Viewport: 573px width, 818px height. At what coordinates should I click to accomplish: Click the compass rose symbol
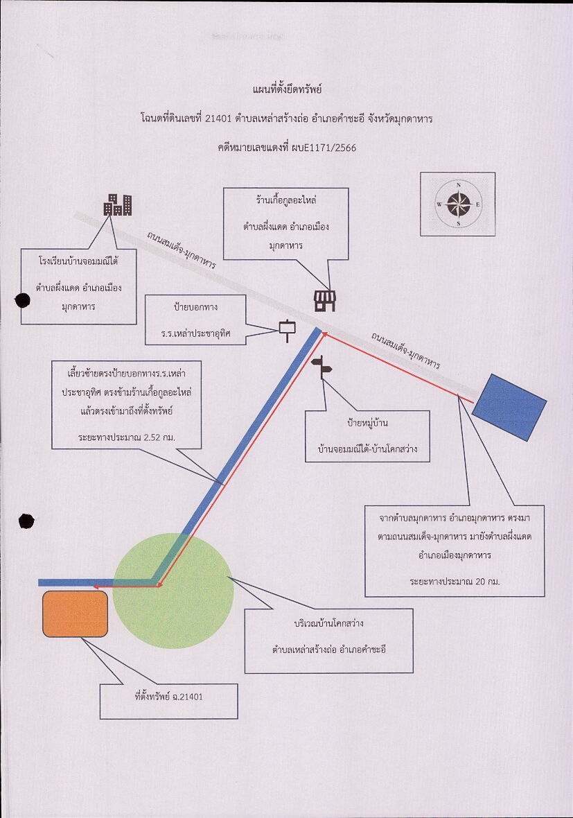point(458,204)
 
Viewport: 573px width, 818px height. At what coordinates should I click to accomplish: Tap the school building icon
point(117,204)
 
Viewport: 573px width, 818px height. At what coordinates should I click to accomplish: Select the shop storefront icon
point(324,301)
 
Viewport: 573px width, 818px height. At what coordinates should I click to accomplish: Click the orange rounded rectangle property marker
point(75,614)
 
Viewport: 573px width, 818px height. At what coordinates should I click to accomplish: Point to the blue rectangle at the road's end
point(509,408)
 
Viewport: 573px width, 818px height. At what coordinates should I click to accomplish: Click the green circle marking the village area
point(173,591)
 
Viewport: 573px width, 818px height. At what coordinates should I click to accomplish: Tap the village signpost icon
point(321,368)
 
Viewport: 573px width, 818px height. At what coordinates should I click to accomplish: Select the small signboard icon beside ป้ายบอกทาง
point(288,330)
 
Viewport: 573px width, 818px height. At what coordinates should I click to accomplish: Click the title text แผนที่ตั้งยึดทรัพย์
point(287,89)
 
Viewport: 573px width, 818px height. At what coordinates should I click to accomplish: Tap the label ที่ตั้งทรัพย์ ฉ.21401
point(168,697)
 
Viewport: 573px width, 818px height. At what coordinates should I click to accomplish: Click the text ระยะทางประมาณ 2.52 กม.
point(126,437)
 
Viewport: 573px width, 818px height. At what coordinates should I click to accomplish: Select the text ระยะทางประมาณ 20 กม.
point(455,581)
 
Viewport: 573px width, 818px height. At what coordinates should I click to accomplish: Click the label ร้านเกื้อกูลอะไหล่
point(285,200)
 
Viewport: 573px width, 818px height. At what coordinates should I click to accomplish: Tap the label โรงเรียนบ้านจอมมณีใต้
point(78,261)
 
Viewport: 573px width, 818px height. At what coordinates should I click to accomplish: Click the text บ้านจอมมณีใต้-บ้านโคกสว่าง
point(368,449)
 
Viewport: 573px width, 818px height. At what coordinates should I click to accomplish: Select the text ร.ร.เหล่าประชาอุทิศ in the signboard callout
point(195,333)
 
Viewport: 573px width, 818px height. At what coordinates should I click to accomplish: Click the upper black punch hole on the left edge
point(22,300)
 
